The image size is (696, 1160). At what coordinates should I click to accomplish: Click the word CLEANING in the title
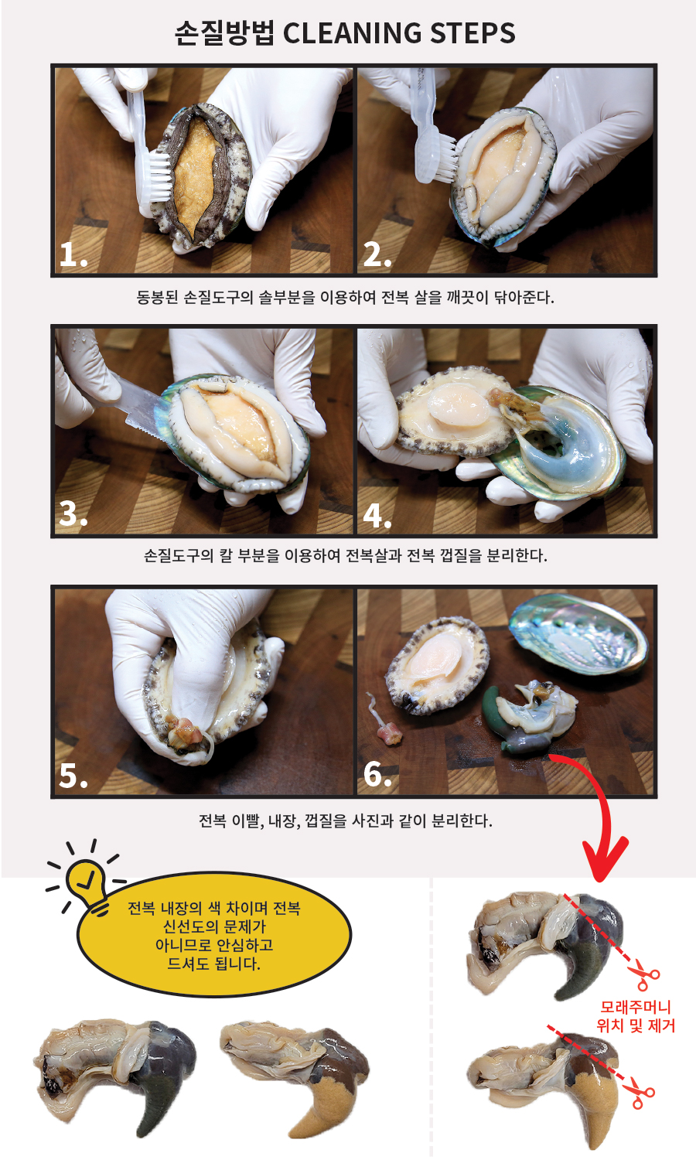pos(352,33)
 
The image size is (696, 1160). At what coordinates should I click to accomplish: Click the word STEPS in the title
pos(473,33)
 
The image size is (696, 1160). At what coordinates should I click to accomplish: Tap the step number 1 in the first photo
pos(73,254)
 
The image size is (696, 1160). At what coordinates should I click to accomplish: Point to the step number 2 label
pos(377,254)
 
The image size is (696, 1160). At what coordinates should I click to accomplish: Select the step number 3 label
pos(73,514)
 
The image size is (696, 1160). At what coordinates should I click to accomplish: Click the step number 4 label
pos(377,515)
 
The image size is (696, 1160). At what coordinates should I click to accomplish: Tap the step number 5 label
pos(73,775)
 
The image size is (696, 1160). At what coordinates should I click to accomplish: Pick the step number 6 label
pos(377,775)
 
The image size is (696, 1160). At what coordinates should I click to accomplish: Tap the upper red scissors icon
pos(643,974)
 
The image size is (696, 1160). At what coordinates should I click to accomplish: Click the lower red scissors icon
pos(641,1093)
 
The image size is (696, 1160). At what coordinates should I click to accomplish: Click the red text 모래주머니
pos(636,1007)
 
